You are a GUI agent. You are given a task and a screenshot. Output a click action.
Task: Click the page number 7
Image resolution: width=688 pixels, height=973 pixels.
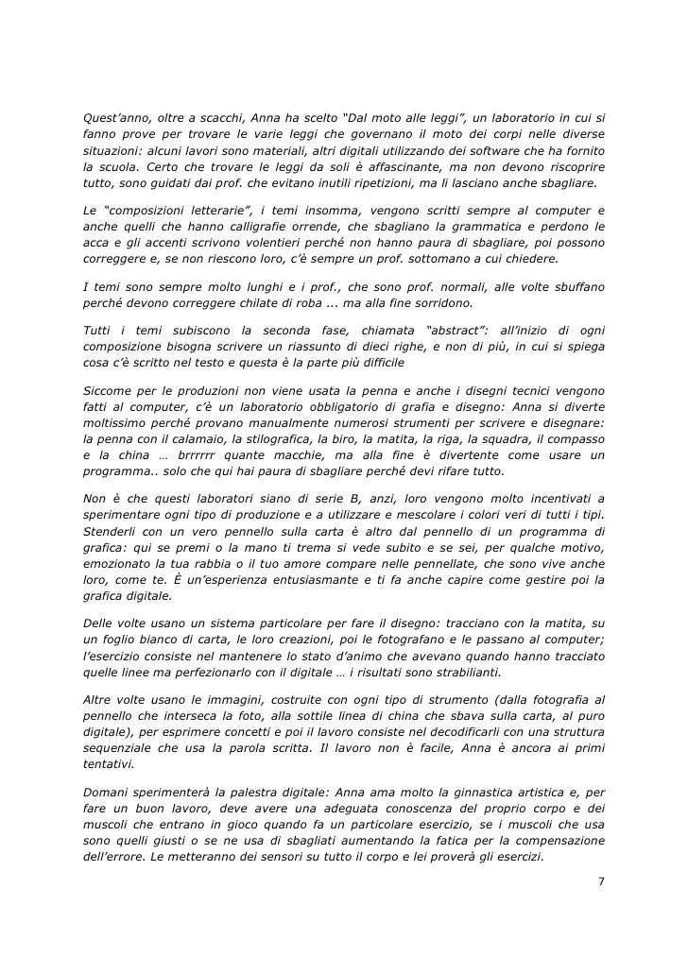(602, 881)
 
